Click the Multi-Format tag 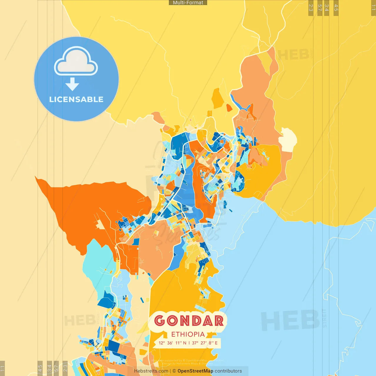pos(188,3)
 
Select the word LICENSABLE pos(76,99)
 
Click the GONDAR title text pos(189,321)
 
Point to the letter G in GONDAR pos(160,321)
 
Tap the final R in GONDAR pos(218,321)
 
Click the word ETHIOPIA pos(188,334)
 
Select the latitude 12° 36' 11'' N pos(172,343)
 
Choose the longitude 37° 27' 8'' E pos(205,343)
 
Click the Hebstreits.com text pos(151,371)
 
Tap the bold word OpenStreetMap pos(195,371)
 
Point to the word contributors pos(228,371)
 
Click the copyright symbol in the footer pos(174,371)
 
